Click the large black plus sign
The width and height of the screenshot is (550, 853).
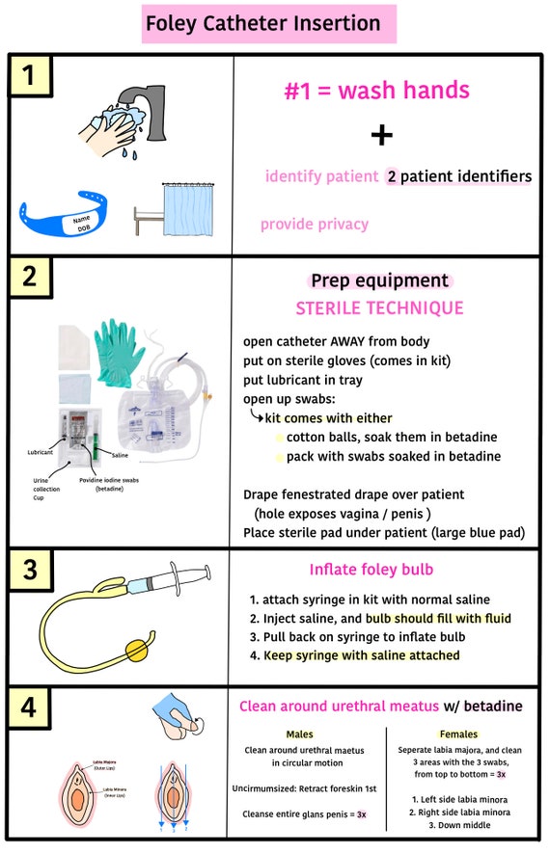click(x=382, y=135)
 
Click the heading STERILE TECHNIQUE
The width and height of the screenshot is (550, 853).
click(x=379, y=308)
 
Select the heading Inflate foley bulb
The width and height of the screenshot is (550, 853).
click(x=372, y=569)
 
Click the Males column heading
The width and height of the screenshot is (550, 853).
click(x=300, y=734)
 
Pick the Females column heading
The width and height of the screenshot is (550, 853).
click(x=458, y=734)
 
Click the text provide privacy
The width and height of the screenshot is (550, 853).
click(x=315, y=225)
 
